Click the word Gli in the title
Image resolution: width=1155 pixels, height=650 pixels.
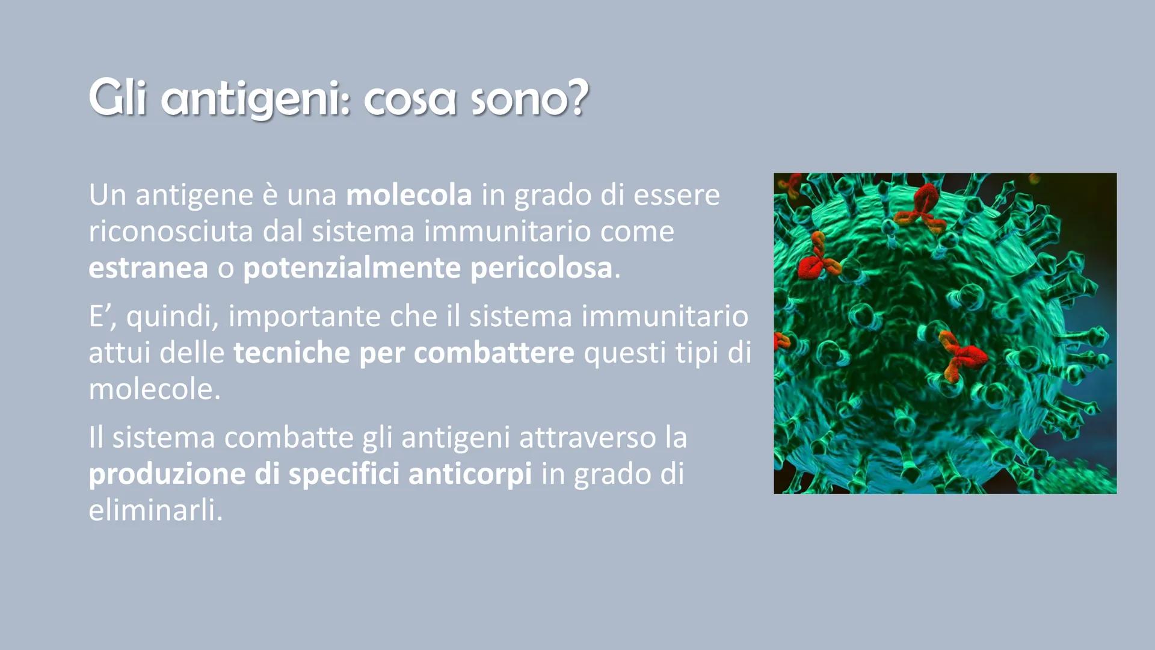point(117,97)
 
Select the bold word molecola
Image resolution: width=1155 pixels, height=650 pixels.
point(409,195)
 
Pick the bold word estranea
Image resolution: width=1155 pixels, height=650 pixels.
point(148,268)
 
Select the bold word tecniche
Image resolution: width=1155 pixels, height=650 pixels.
point(292,353)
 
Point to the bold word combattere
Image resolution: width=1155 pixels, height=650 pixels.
point(494,353)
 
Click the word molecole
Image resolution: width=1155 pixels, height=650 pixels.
point(155,389)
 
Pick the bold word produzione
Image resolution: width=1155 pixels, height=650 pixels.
point(167,475)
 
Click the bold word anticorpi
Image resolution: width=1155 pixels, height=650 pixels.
point(470,475)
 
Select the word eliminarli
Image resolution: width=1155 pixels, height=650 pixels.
point(155,511)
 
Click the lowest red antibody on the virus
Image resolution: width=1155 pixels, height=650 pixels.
point(961,356)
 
